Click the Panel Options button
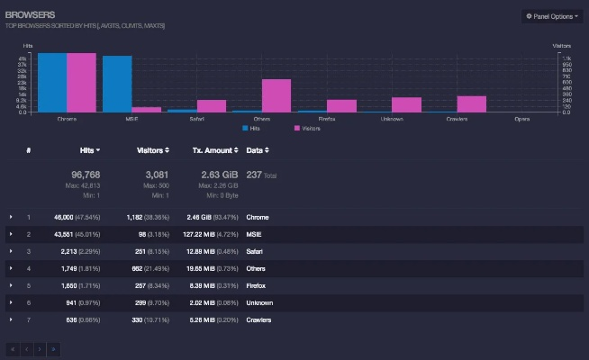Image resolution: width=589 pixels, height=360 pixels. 552,16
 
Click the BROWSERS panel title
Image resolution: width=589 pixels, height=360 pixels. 30,15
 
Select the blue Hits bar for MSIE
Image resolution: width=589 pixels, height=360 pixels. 117,83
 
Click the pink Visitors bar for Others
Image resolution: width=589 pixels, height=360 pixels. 276,95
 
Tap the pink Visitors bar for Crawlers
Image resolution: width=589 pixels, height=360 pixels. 471,103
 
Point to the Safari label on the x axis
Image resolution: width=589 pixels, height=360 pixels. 196,119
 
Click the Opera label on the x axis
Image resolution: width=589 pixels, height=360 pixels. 521,119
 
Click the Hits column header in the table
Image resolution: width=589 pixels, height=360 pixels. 89,149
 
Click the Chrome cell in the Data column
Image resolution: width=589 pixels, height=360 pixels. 258,218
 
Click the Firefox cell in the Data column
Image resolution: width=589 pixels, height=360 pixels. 258,285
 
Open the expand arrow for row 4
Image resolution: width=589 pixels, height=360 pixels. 11,268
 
